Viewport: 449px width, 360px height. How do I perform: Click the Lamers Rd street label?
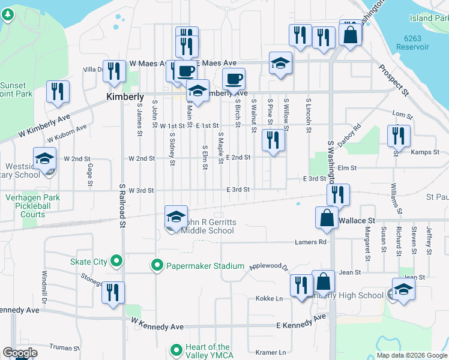(310, 242)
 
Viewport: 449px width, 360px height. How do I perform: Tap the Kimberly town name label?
(125, 97)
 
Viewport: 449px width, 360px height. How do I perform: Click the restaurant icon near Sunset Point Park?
(58, 92)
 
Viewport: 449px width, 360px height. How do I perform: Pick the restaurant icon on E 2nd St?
(273, 140)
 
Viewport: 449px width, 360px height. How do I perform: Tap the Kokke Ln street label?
(269, 298)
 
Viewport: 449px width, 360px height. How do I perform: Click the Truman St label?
(64, 347)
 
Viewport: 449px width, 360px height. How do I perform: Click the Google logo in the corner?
(20, 353)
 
